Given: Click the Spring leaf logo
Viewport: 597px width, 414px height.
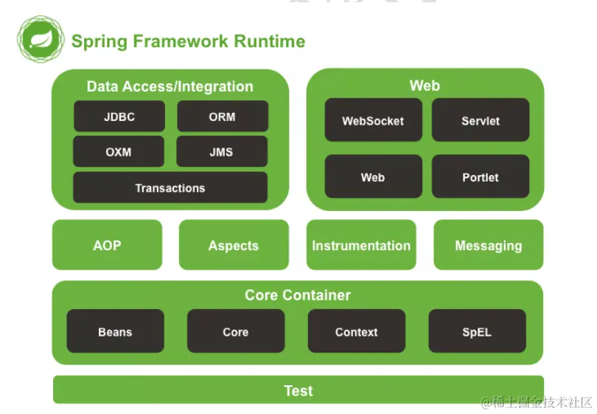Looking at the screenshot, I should point(41,40).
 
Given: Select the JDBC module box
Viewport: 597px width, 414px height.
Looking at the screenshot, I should point(119,117).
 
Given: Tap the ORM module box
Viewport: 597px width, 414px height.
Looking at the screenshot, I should point(222,117).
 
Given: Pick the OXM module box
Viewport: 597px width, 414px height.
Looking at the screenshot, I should point(119,152).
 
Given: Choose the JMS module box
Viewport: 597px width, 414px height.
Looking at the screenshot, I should point(222,152).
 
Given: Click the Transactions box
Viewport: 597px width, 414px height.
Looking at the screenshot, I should point(170,188).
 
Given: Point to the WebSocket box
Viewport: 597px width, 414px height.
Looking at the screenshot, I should point(373,120).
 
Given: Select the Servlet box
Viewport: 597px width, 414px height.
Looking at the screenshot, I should point(481,120).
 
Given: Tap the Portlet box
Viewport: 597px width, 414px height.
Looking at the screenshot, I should point(481,177).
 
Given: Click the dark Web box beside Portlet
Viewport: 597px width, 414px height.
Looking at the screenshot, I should point(373,177).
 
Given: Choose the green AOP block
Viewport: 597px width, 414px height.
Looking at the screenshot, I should point(107,245).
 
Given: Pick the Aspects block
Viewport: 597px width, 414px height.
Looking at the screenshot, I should point(234,245).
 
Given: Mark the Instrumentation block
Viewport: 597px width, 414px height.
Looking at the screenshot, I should point(361,245).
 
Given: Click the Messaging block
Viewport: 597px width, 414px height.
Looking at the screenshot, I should point(489,245).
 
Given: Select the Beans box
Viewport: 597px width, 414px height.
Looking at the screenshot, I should point(115,331).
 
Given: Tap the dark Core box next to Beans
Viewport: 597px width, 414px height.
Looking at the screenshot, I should point(236,331).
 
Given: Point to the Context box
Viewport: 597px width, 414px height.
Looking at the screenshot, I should point(357,331).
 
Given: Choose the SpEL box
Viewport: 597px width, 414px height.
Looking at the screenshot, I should point(477,331).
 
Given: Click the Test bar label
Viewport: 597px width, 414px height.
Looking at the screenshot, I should point(298,390).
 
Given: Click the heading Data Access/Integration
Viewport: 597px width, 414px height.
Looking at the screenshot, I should point(170,86).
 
